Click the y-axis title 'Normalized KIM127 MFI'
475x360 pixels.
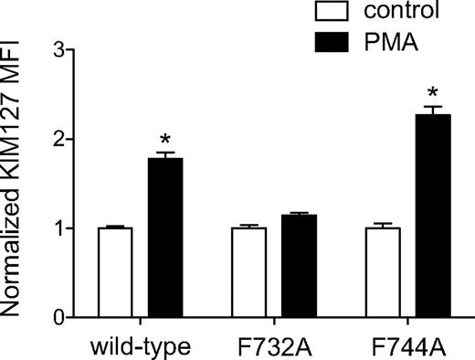pos(16,183)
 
